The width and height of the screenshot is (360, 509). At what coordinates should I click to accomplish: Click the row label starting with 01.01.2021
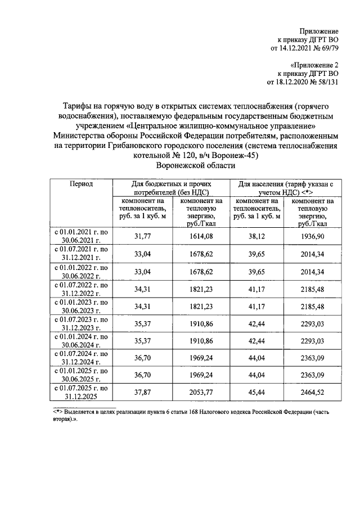[x=81, y=237]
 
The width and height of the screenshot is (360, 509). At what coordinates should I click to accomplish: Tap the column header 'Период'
[x=81, y=184]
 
